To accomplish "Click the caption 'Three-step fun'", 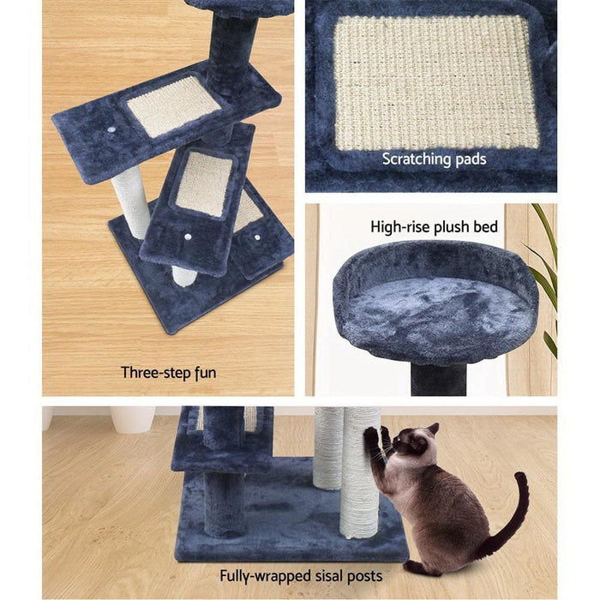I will pos(168,372).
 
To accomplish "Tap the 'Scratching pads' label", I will pos(434,159).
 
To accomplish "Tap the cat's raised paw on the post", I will pos(373,436).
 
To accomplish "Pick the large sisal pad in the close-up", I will pos(435,81).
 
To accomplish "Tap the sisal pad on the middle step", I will pos(202,183).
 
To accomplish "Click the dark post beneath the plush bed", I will pos(438,376).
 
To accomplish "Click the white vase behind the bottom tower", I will pos(133,418).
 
